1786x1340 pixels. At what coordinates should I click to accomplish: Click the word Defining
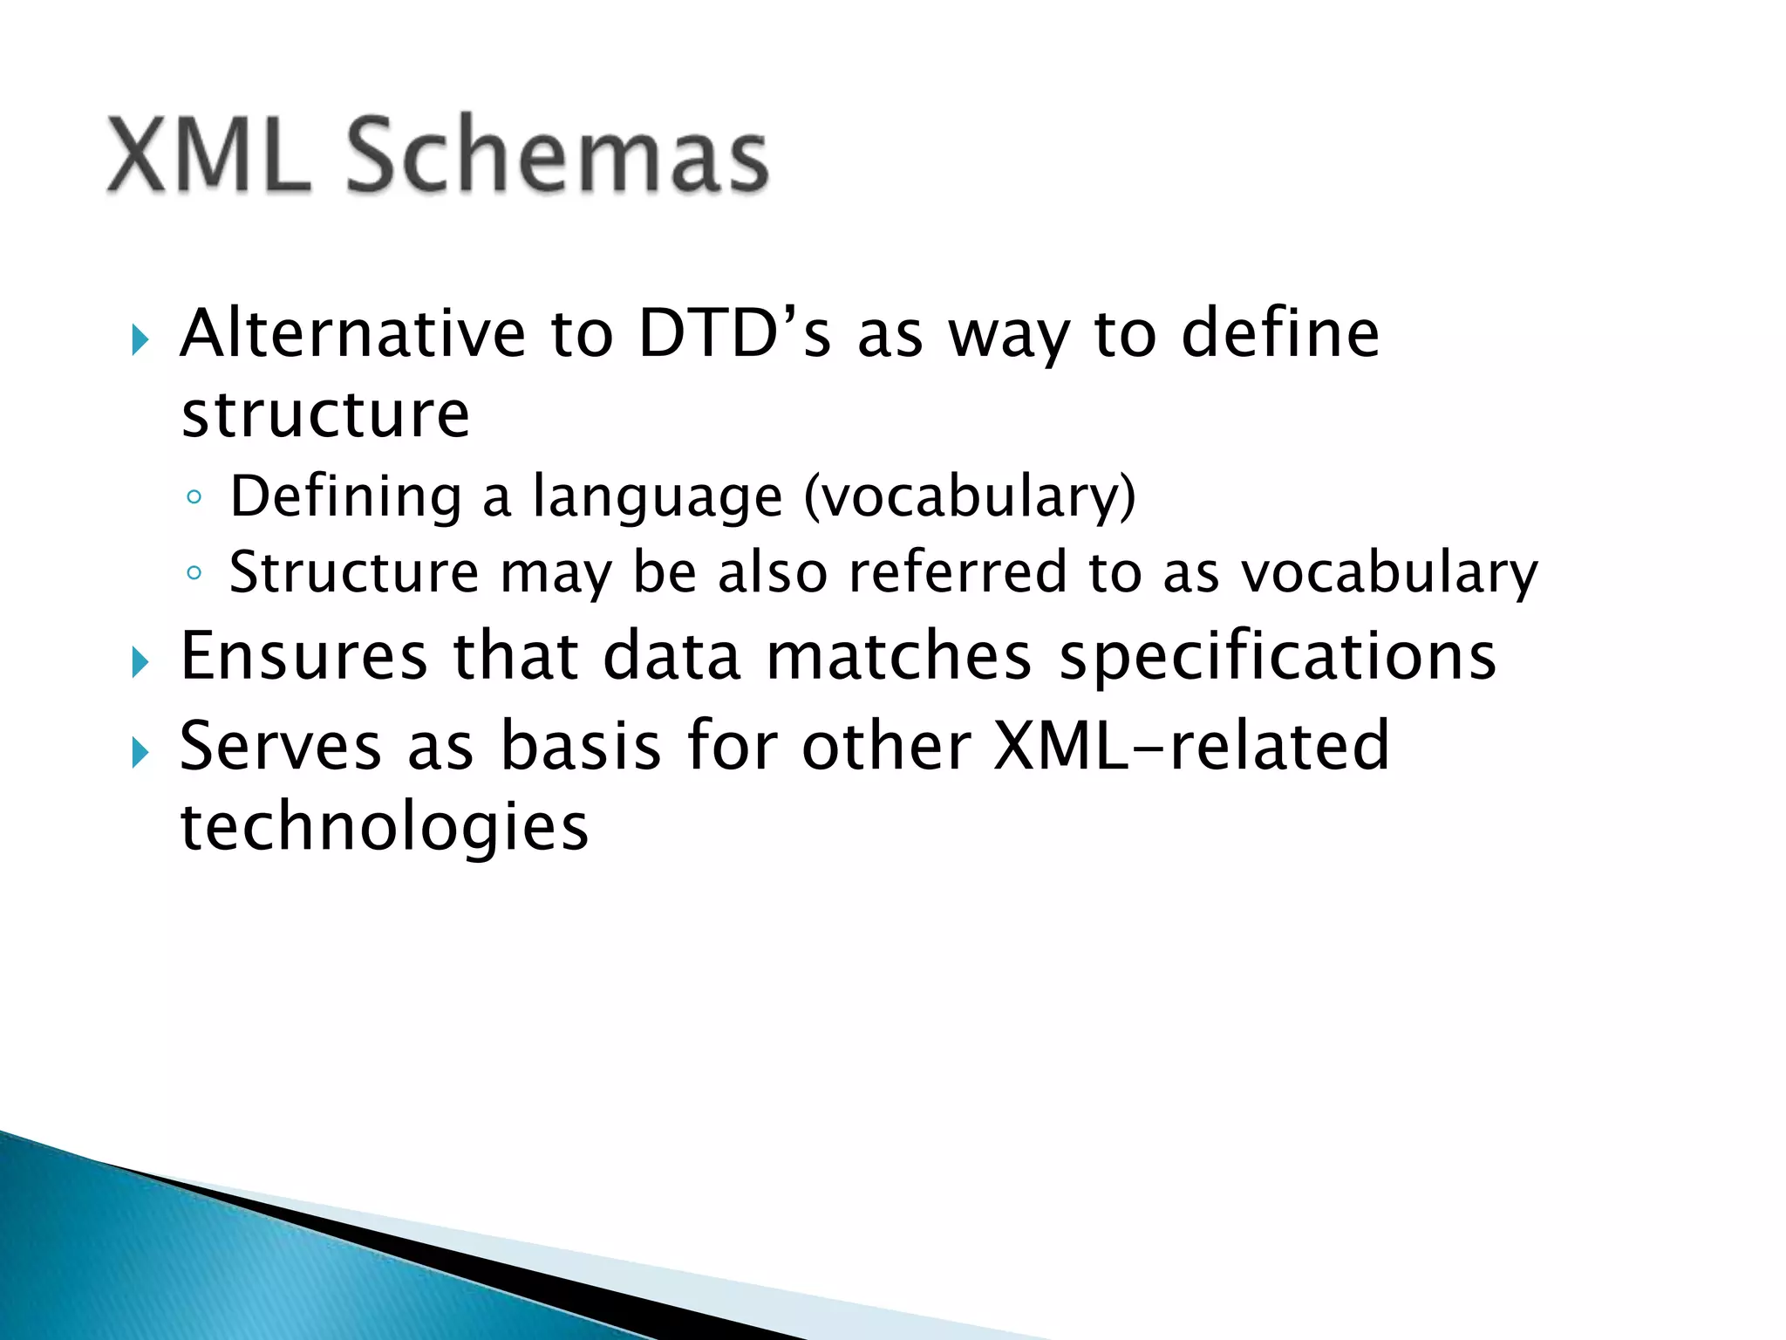pos(345,497)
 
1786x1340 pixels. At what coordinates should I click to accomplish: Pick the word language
pos(658,497)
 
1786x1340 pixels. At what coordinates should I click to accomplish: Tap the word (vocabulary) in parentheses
pos(970,497)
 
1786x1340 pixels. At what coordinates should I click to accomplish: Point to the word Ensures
pos(303,656)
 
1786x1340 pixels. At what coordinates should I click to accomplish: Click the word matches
pos(898,656)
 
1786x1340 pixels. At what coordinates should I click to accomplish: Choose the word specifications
pos(1278,656)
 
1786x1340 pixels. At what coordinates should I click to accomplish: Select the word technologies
pos(384,827)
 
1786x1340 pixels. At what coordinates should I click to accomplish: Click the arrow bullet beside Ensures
pos(140,662)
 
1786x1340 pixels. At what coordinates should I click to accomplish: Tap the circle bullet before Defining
pos(194,498)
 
